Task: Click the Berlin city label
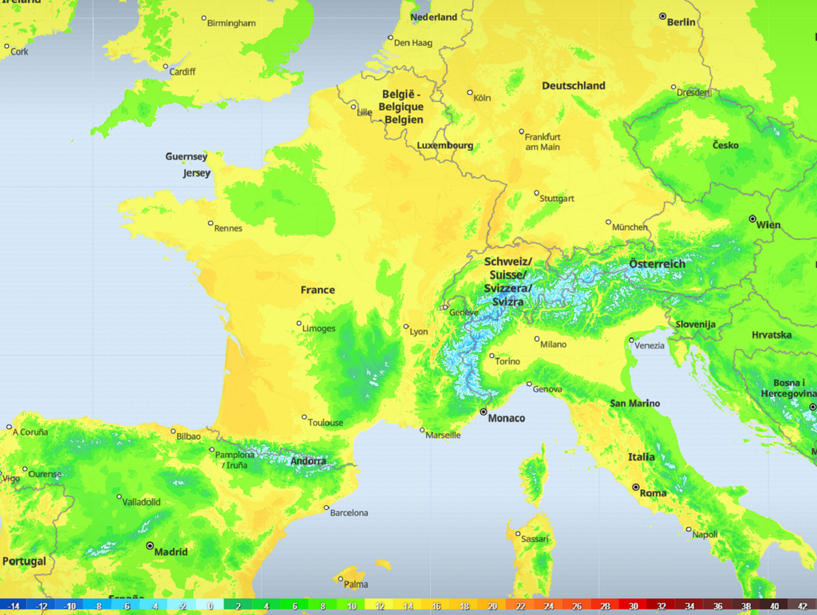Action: coord(681,22)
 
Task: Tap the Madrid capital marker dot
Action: coord(150,546)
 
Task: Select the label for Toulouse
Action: coord(326,423)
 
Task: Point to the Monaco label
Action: coord(506,418)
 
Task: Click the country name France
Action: coord(318,290)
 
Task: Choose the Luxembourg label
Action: coord(444,146)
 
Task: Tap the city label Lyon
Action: coord(419,332)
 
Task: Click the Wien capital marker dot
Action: coord(752,219)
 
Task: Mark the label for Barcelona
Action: coord(349,513)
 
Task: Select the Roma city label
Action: coord(653,493)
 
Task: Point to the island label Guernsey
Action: coord(186,156)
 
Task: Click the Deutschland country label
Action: coord(574,85)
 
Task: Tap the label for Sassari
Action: coord(535,539)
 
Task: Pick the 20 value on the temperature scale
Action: coord(492,607)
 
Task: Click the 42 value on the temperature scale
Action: coord(803,607)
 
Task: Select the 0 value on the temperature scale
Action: coord(211,607)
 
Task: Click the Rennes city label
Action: coord(228,228)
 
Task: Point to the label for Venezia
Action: coord(650,345)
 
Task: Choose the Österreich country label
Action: coord(657,264)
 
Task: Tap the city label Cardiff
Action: coord(182,72)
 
